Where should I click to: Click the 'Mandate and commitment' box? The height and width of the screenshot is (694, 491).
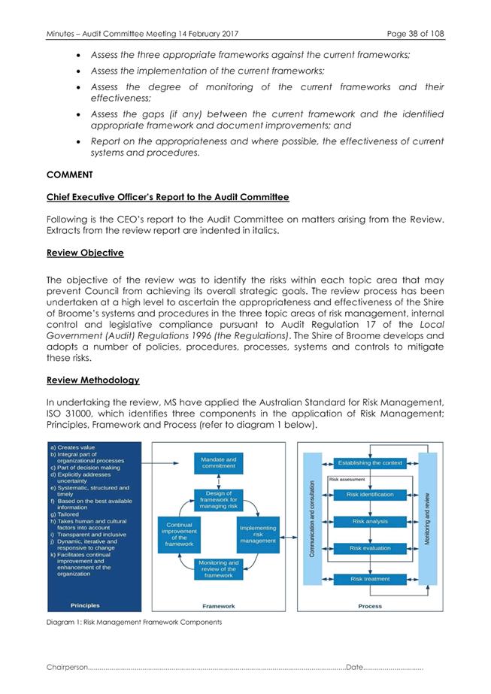pos(219,462)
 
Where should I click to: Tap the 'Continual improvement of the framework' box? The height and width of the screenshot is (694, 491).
pos(179,535)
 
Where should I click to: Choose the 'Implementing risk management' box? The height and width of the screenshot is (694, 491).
pos(258,535)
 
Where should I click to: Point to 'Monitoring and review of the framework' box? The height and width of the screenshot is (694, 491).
pos(219,568)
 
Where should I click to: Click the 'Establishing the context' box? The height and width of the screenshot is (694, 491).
pos(370,462)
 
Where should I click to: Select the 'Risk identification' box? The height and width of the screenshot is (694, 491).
pos(370,494)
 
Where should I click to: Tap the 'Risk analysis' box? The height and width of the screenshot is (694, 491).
pos(370,521)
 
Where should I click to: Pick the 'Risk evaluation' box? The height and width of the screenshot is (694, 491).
pos(370,548)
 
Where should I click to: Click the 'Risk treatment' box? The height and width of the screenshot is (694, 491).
pos(370,579)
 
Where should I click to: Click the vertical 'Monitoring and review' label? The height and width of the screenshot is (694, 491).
pos(428,519)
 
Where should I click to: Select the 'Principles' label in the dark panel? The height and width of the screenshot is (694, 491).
pos(85,605)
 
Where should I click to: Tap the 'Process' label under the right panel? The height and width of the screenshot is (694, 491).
pos(369,605)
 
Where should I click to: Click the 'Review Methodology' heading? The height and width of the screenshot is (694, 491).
pos(92,380)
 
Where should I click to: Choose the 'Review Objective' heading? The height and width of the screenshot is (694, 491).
pos(85,253)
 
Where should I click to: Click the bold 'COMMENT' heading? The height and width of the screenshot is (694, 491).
pos(69,174)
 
